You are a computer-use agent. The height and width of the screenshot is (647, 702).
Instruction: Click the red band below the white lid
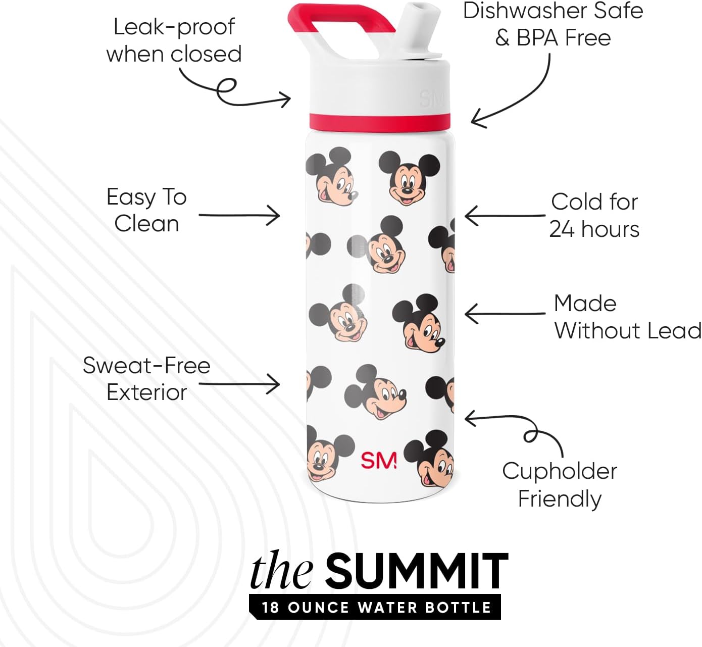pos(379,122)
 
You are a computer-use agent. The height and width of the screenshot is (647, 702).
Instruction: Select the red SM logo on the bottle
pos(378,460)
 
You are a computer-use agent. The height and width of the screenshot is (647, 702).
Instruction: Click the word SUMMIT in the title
pos(416,571)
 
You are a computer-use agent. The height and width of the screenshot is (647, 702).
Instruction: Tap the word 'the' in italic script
pos(281,572)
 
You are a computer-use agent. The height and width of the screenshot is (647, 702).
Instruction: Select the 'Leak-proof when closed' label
pos(174,40)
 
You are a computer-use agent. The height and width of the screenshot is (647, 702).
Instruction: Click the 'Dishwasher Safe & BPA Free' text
pos(553,24)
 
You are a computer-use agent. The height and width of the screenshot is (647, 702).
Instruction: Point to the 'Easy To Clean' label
pos(146,210)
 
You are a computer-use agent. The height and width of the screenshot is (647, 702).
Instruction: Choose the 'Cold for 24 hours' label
pos(594,215)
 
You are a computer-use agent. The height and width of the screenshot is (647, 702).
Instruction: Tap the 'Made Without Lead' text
pos(627,317)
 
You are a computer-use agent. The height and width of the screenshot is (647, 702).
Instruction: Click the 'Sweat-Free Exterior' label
pos(146,379)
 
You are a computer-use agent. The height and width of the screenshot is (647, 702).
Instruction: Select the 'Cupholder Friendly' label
pos(560,484)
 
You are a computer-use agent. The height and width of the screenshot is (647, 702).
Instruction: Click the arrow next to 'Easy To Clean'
pos(239,215)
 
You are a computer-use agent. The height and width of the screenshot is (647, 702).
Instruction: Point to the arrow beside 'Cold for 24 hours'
pos(504,216)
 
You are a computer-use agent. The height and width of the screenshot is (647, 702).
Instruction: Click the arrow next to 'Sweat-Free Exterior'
pos(239,384)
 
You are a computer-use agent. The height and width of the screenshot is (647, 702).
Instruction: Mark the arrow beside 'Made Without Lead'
pos(504,314)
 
